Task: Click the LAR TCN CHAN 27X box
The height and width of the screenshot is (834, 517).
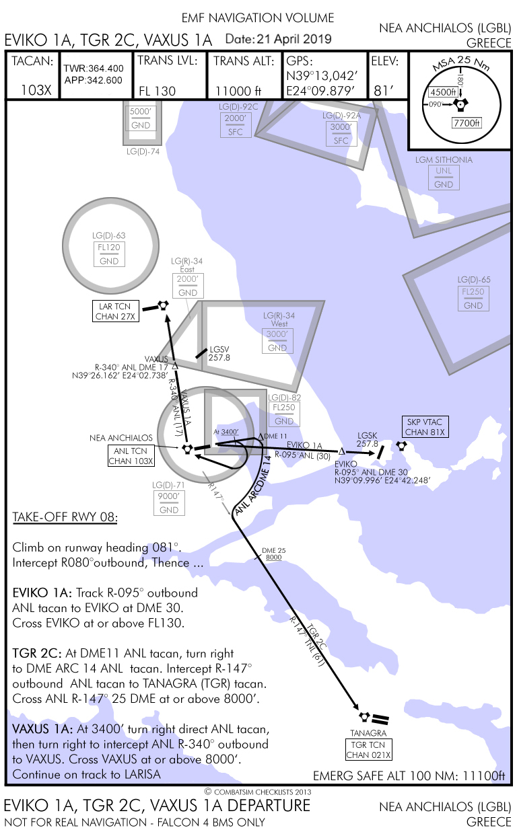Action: [116, 311]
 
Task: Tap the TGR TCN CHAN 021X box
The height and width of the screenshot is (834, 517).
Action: [368, 749]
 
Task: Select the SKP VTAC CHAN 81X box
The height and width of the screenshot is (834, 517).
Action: [425, 426]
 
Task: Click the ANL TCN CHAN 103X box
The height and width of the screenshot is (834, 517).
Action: [131, 456]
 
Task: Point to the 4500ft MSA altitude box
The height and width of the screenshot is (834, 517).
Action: [443, 92]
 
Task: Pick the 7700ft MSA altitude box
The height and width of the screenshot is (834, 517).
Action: [467, 123]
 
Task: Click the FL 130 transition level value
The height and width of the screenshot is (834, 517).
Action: [157, 91]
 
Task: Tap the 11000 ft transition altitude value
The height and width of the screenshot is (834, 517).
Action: [238, 91]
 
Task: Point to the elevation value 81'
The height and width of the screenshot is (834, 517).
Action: [383, 91]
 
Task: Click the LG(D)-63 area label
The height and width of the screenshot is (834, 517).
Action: [109, 235]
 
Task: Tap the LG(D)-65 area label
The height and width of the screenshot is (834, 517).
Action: [474, 280]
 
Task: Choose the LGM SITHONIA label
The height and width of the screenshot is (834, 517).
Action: [444, 160]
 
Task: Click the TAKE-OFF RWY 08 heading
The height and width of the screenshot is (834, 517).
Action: [65, 517]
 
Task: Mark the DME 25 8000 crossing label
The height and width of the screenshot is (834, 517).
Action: [273, 554]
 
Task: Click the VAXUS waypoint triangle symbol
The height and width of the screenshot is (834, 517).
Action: [174, 367]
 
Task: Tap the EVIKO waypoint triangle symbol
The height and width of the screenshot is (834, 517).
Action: [341, 451]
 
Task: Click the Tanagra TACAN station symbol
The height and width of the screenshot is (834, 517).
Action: [364, 716]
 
